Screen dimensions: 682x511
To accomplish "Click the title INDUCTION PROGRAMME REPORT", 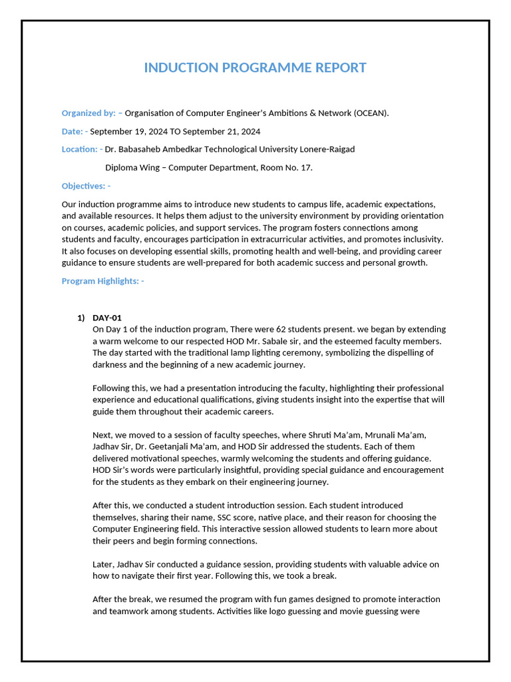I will point(255,68).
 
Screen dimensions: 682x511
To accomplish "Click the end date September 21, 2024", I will point(221,131).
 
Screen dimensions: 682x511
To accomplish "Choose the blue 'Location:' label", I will point(81,149).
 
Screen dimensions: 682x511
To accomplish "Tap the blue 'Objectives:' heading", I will point(85,186).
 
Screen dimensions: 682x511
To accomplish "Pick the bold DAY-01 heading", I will point(107,318).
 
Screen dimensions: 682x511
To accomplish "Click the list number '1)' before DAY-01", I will point(82,318).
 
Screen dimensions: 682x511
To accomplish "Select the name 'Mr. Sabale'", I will point(275,341).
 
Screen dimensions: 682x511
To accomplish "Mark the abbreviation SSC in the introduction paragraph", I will point(226,517).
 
